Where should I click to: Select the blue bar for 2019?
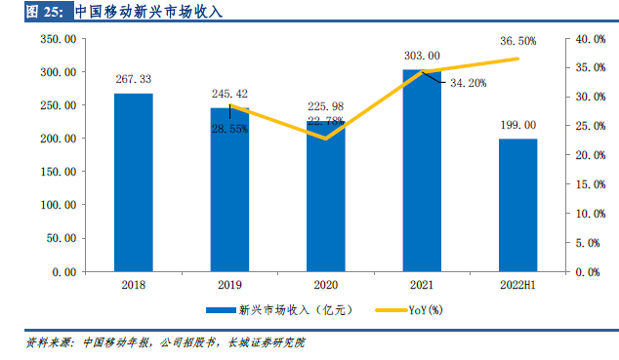(229, 195)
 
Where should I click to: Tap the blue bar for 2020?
(325, 205)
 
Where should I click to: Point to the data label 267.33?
(133, 79)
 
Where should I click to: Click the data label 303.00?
(421, 56)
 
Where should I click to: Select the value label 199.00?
(517, 125)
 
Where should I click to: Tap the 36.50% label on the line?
(517, 42)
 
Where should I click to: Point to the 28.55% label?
(229, 128)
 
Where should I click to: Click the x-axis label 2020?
(325, 286)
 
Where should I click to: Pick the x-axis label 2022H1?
(517, 286)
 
